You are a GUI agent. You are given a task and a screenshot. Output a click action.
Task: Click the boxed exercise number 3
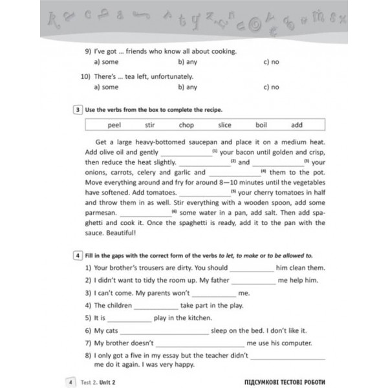[78, 109]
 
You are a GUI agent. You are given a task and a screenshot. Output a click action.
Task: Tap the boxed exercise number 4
[78, 255]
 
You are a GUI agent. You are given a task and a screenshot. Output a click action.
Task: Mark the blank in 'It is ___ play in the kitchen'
[129, 318]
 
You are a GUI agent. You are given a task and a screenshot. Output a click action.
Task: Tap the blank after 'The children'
[156, 305]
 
